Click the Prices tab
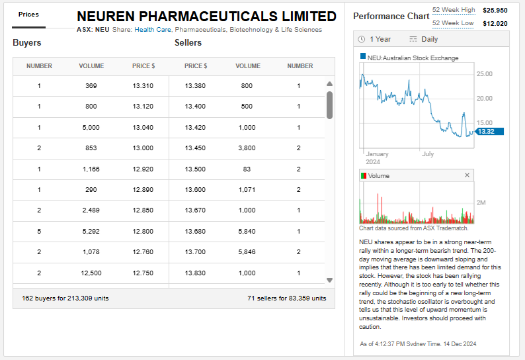click(x=28, y=14)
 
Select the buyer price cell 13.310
click(x=143, y=86)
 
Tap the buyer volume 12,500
click(x=91, y=273)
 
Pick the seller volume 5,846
click(x=247, y=252)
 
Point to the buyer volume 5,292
click(x=91, y=232)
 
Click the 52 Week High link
click(x=454, y=10)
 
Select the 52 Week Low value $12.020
click(x=495, y=23)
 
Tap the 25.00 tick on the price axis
click(x=485, y=73)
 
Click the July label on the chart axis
click(x=428, y=154)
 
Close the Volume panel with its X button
click(x=467, y=175)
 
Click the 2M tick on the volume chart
click(x=481, y=202)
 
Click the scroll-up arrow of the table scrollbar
click(x=329, y=84)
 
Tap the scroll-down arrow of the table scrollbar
click(x=329, y=281)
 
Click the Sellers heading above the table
click(x=188, y=43)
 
